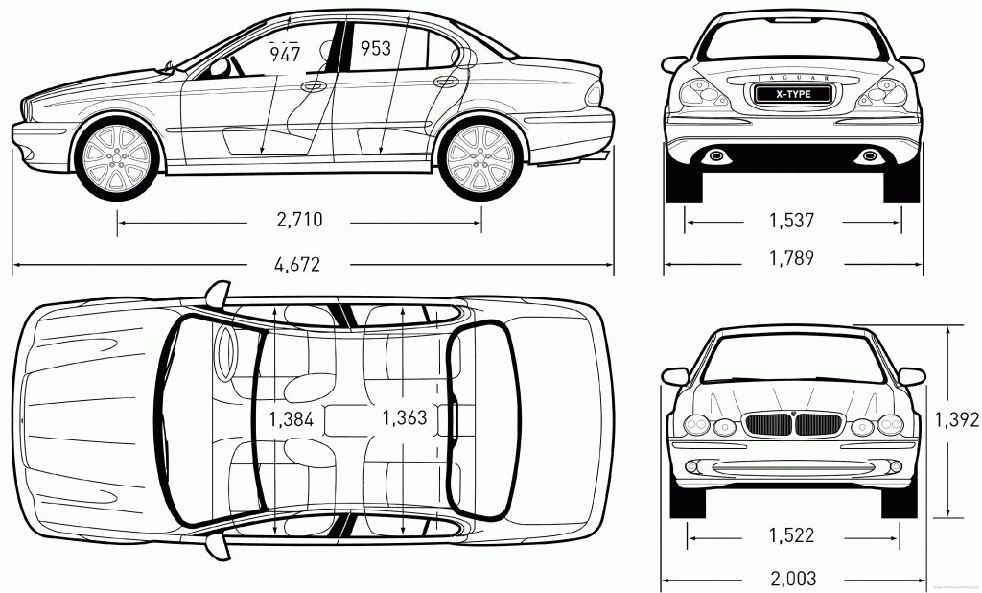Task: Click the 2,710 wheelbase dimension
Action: pos(299,220)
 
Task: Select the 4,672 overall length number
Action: pos(297,264)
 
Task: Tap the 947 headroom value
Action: pos(285,54)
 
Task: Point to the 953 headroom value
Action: pos(376,48)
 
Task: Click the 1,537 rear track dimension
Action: pos(791,221)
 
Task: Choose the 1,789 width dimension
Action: pos(791,257)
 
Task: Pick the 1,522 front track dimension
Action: pos(791,535)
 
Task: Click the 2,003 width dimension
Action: pos(793,579)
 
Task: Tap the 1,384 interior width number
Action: pos(291,418)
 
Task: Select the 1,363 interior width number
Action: pos(405,418)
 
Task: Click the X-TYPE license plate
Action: pos(792,94)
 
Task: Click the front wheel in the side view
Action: pos(118,158)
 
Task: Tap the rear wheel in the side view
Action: pos(480,158)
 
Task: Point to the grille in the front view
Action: pos(792,424)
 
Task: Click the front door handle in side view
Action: pos(313,85)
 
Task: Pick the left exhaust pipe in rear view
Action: pos(715,155)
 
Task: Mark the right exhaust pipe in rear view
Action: pos(870,155)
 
